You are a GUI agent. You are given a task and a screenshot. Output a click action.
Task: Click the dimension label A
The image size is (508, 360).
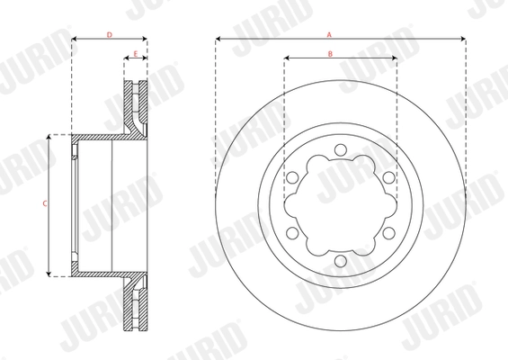330,34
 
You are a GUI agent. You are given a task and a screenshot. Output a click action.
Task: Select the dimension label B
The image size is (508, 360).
330,54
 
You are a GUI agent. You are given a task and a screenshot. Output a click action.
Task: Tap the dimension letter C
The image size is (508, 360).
44,204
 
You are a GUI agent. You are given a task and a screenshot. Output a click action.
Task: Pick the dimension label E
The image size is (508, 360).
136,54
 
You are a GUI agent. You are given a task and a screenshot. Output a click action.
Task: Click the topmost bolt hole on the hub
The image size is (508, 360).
341,149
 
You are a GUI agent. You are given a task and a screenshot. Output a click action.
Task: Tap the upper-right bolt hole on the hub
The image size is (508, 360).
388,177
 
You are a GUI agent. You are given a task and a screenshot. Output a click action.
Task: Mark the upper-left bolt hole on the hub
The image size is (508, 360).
293,177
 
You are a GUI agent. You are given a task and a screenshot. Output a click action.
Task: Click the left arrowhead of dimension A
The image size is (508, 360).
218,40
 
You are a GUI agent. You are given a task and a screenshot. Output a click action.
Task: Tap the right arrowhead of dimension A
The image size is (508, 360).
462,40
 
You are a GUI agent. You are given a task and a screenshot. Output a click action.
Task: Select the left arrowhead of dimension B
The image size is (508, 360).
287,59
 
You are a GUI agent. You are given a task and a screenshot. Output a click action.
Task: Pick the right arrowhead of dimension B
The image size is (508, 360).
395,59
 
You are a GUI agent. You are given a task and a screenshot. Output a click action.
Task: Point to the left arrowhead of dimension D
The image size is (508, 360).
74,40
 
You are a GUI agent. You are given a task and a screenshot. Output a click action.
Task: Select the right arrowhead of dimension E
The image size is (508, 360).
145,59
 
